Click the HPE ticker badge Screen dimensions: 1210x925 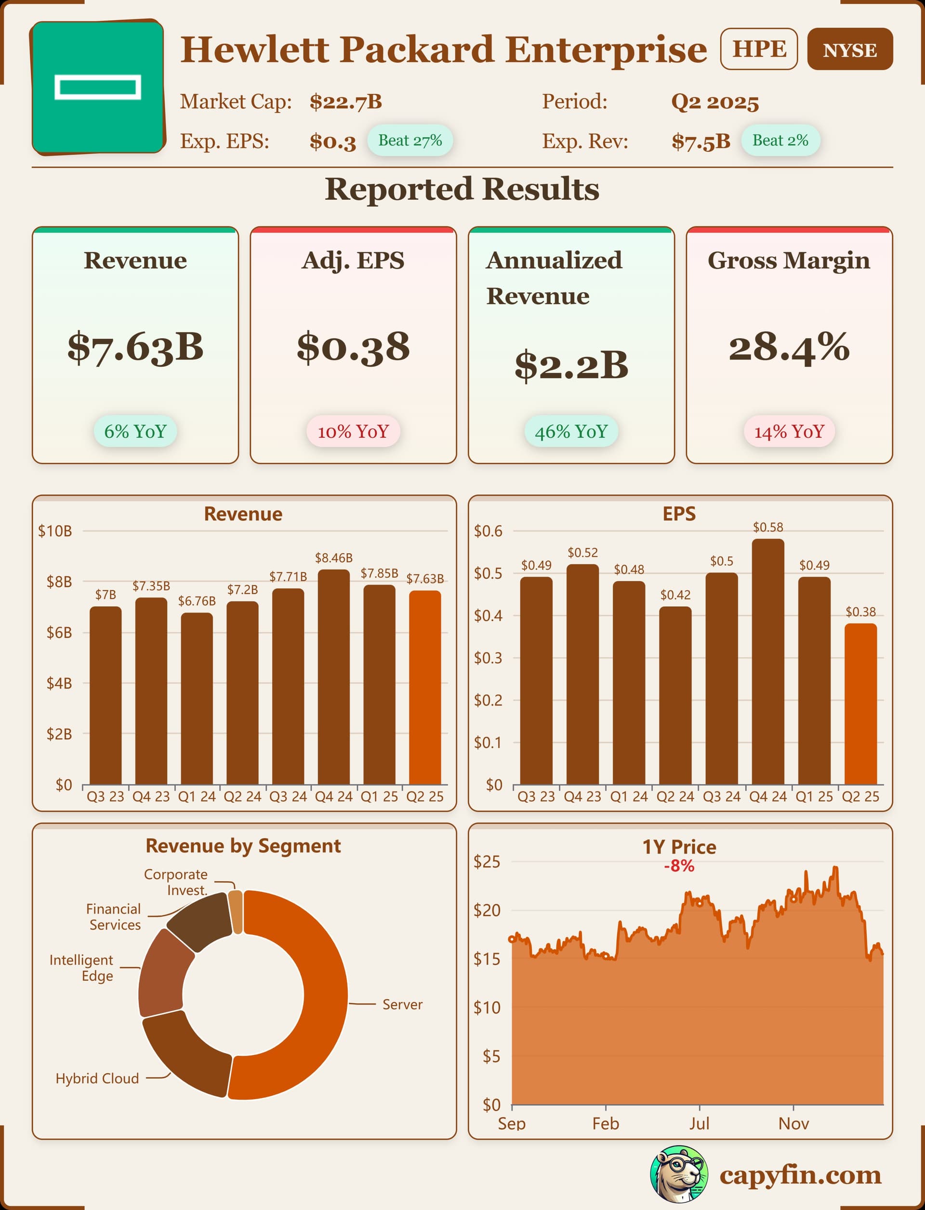point(759,49)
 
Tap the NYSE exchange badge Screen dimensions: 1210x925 point(849,50)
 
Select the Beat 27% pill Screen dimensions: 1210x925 point(410,140)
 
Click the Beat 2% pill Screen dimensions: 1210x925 point(780,140)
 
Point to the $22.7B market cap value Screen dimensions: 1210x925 point(346,102)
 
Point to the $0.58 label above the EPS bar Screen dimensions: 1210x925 point(767,527)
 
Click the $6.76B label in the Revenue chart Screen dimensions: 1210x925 point(197,601)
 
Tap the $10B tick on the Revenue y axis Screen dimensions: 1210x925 point(55,531)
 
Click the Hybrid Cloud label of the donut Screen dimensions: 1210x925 point(97,1078)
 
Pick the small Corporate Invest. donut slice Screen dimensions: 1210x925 point(236,911)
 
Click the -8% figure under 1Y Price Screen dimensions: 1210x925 point(679,866)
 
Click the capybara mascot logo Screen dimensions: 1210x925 point(679,1174)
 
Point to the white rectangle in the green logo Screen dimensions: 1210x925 point(97,87)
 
